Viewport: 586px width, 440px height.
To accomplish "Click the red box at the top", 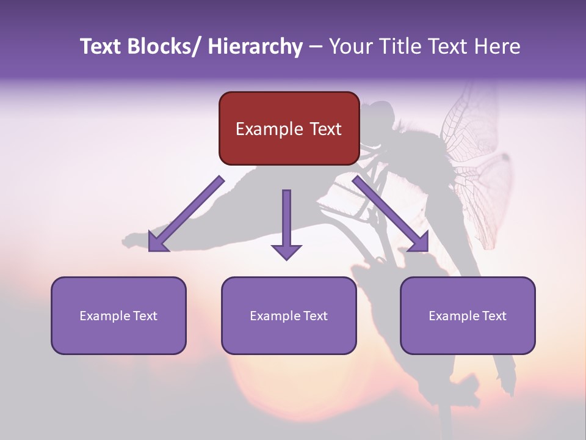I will click(x=289, y=128).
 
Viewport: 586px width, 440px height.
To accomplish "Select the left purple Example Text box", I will click(x=118, y=315).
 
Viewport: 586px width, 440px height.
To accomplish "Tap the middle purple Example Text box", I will click(x=289, y=315).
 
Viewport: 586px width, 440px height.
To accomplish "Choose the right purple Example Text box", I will click(x=468, y=315).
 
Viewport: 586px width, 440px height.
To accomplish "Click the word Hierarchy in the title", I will click(x=255, y=47).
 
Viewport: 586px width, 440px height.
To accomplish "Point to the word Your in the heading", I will click(x=349, y=47).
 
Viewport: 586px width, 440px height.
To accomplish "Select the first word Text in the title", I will click(x=101, y=47).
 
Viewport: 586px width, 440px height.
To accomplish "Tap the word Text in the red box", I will click(x=324, y=129).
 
